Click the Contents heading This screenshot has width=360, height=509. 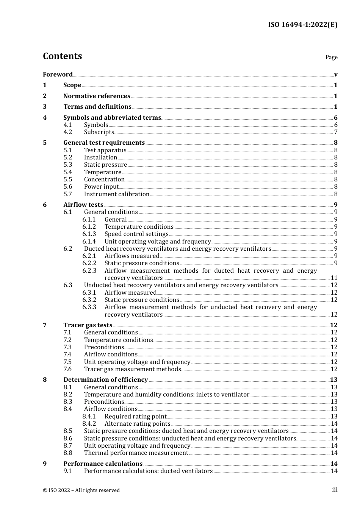(62, 56)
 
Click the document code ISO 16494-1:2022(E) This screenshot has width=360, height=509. (302, 25)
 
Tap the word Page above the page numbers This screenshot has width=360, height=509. (331, 57)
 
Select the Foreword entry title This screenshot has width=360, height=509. (58, 74)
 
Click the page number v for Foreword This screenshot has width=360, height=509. (336, 74)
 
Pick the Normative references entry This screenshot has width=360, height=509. (97, 96)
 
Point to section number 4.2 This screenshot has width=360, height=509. (67, 132)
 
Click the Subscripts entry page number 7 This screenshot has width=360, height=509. (336, 132)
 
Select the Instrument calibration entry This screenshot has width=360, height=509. (117, 194)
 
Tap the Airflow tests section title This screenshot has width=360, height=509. (83, 205)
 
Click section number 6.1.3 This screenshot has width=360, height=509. (89, 234)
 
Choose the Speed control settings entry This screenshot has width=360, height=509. (136, 234)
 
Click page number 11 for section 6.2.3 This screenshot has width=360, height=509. (334, 278)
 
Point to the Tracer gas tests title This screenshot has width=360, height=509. (88, 325)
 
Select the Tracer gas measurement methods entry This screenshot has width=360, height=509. (132, 369)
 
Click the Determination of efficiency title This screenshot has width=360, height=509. (105, 379)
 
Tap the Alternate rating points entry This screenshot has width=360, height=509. (137, 423)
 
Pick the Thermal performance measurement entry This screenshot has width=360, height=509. (136, 453)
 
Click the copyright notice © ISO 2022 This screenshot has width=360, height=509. (81, 490)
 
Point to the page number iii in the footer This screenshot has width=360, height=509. (335, 490)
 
